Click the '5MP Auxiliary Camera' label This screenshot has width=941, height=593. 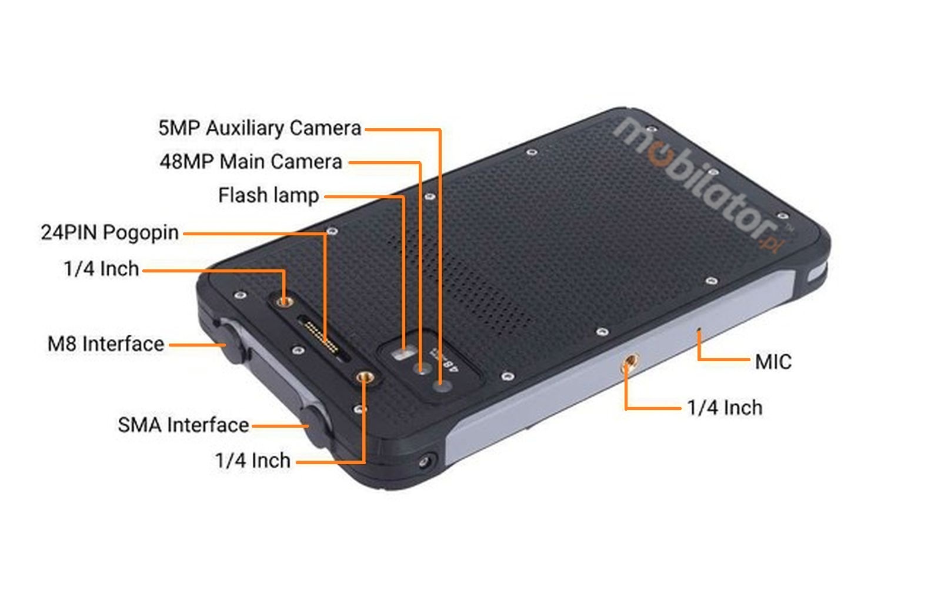click(x=260, y=128)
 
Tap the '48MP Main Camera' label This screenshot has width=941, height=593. click(x=251, y=162)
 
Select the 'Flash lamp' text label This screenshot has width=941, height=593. click(x=269, y=195)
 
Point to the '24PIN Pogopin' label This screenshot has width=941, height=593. click(x=110, y=233)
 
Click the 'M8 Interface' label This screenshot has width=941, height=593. click(x=106, y=344)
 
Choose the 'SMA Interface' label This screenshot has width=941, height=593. click(x=183, y=425)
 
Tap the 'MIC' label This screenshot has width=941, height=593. click(x=773, y=362)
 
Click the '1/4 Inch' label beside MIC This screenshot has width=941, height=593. click(x=725, y=408)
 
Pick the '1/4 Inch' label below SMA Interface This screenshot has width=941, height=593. click(x=253, y=461)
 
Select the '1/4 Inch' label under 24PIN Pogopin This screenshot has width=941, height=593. click(x=101, y=269)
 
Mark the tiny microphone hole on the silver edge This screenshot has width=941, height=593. click(x=698, y=331)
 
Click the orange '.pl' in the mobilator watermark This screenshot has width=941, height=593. click(x=770, y=242)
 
